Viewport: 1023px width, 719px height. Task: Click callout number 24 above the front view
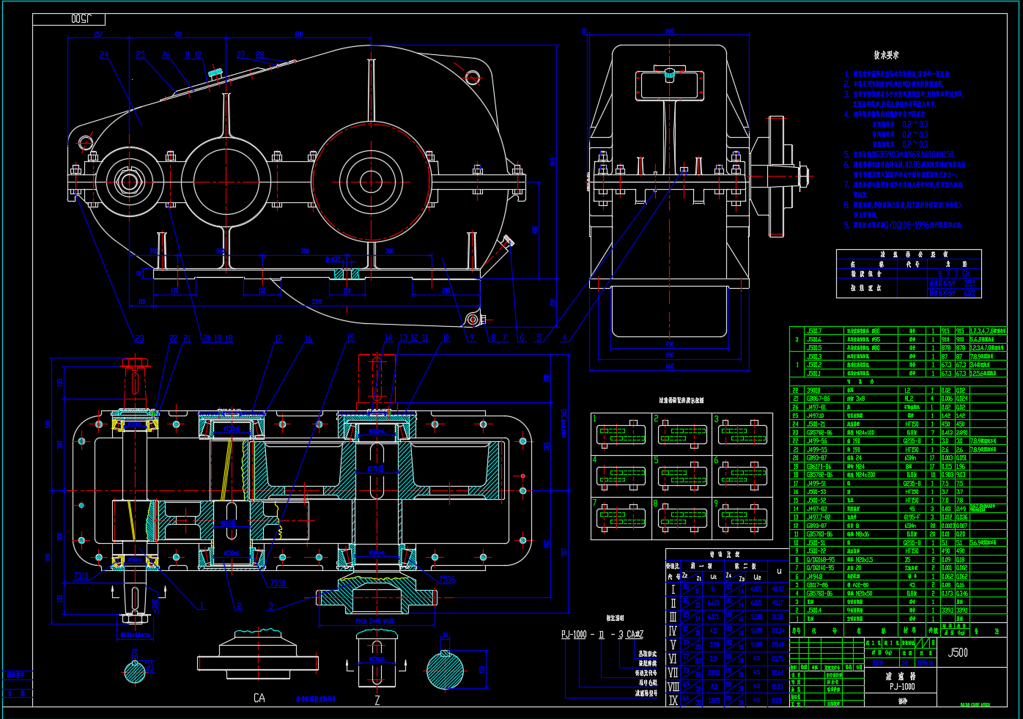pos(104,55)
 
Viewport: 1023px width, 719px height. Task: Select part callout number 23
pos(139,339)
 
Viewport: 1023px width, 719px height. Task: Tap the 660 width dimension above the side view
pos(669,32)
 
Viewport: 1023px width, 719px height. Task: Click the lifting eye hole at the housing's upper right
pos(473,76)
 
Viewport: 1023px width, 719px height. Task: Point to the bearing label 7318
pos(81,576)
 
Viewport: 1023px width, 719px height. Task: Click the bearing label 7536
pos(447,580)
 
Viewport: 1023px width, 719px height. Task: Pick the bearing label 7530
pos(278,583)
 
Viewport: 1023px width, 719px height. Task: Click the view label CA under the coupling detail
pos(259,698)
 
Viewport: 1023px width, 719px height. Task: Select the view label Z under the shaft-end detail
pos(377,700)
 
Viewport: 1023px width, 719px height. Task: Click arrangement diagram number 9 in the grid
pos(743,517)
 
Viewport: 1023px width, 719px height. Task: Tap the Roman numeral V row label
pos(673,645)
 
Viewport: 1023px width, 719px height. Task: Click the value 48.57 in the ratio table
pos(778,589)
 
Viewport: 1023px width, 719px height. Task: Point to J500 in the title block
pos(957,652)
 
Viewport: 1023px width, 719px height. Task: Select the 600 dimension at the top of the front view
pos(299,34)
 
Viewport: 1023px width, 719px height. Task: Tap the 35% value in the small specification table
pos(970,283)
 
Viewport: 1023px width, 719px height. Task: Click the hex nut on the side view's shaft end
pos(804,174)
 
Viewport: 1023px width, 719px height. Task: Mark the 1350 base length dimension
pos(317,301)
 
